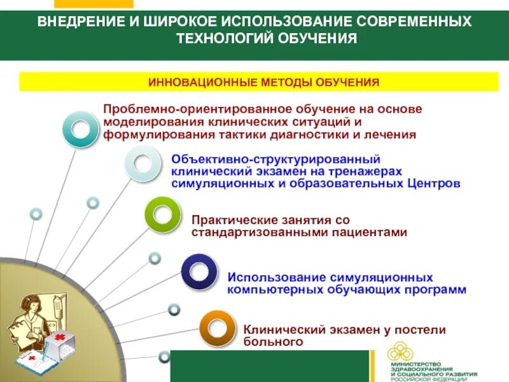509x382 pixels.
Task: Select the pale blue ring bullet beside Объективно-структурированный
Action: click(x=143, y=164)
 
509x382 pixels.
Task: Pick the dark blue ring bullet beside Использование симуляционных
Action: click(x=201, y=272)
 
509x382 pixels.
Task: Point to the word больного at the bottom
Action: click(x=271, y=342)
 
